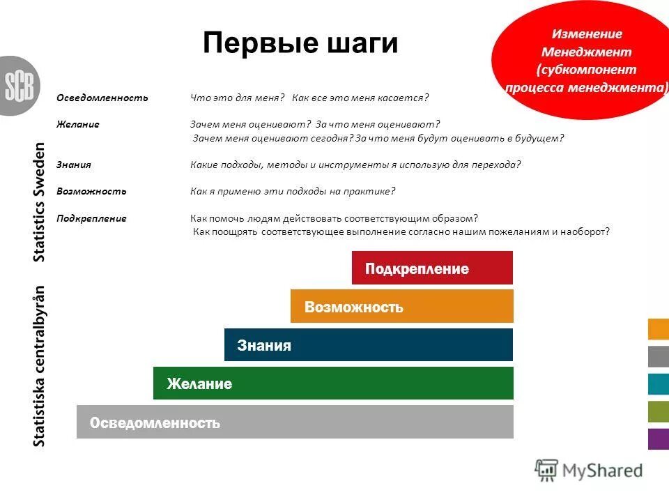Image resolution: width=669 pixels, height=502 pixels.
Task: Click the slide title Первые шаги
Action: [300, 43]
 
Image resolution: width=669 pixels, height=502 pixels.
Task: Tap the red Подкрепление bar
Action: [432, 268]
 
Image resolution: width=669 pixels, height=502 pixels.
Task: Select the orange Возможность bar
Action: [401, 307]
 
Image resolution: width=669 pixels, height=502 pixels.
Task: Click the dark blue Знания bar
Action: [368, 345]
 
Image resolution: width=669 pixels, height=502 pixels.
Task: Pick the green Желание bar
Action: [333, 383]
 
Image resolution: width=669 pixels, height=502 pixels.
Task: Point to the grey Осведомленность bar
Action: [295, 422]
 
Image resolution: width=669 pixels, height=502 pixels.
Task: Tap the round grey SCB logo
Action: [18, 86]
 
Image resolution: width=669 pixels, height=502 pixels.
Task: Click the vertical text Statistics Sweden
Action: [40, 202]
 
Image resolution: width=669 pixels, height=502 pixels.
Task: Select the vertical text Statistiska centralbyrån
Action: [40, 366]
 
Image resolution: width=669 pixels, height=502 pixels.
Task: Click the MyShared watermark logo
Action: [589, 471]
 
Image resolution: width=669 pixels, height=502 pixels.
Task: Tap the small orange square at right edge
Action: [659, 329]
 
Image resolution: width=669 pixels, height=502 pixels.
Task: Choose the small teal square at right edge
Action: [659, 384]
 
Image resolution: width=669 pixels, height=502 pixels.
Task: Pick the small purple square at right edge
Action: [659, 439]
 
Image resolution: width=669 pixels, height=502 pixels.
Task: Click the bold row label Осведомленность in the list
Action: [102, 98]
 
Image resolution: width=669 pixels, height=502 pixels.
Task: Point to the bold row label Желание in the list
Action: [77, 124]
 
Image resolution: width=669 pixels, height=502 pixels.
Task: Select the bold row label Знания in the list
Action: [74, 165]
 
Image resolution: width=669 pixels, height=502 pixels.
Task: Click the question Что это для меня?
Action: [238, 98]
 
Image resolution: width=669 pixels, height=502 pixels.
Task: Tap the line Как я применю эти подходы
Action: [293, 191]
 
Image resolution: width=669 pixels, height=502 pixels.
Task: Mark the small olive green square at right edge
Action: [659, 411]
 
